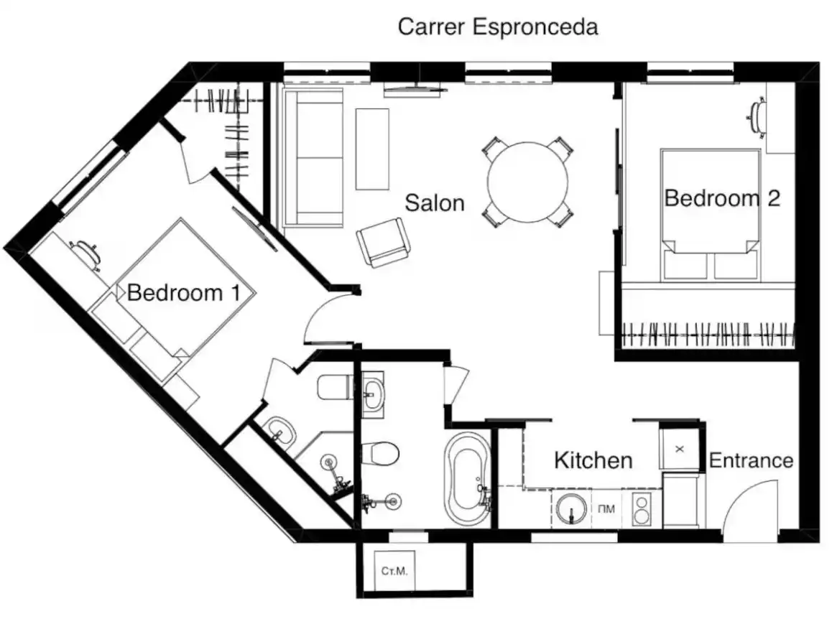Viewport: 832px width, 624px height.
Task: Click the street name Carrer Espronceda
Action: coord(498,27)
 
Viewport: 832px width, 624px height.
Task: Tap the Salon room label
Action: coord(435,202)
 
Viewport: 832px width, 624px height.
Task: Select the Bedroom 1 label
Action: coord(184,292)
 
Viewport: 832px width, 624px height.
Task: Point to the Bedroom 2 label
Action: coord(722,198)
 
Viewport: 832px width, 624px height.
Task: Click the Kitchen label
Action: coord(593,460)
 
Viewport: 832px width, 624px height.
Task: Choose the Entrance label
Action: coord(751,460)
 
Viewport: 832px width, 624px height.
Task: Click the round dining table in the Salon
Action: coord(528,182)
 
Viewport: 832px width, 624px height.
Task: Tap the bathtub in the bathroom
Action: coord(468,480)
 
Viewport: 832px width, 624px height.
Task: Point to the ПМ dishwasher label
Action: coord(606,509)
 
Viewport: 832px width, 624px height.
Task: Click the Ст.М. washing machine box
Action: coord(394,571)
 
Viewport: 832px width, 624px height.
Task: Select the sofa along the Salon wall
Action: coord(313,157)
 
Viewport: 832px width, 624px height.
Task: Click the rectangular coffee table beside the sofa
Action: coord(372,149)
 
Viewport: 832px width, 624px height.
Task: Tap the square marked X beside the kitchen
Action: coord(679,449)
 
